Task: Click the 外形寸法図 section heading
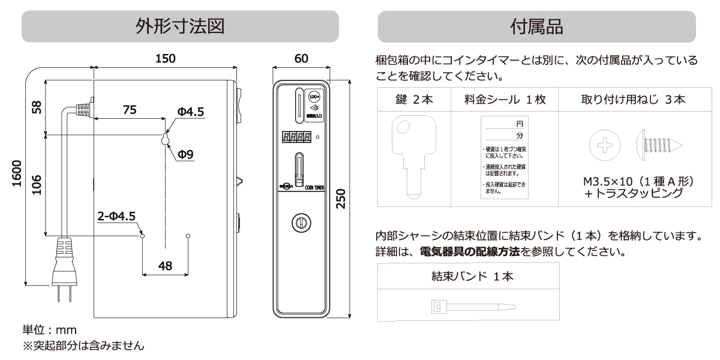tap(180, 27)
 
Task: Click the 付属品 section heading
tap(537, 27)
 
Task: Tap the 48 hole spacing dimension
tap(165, 266)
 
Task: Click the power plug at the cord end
tap(65, 264)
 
